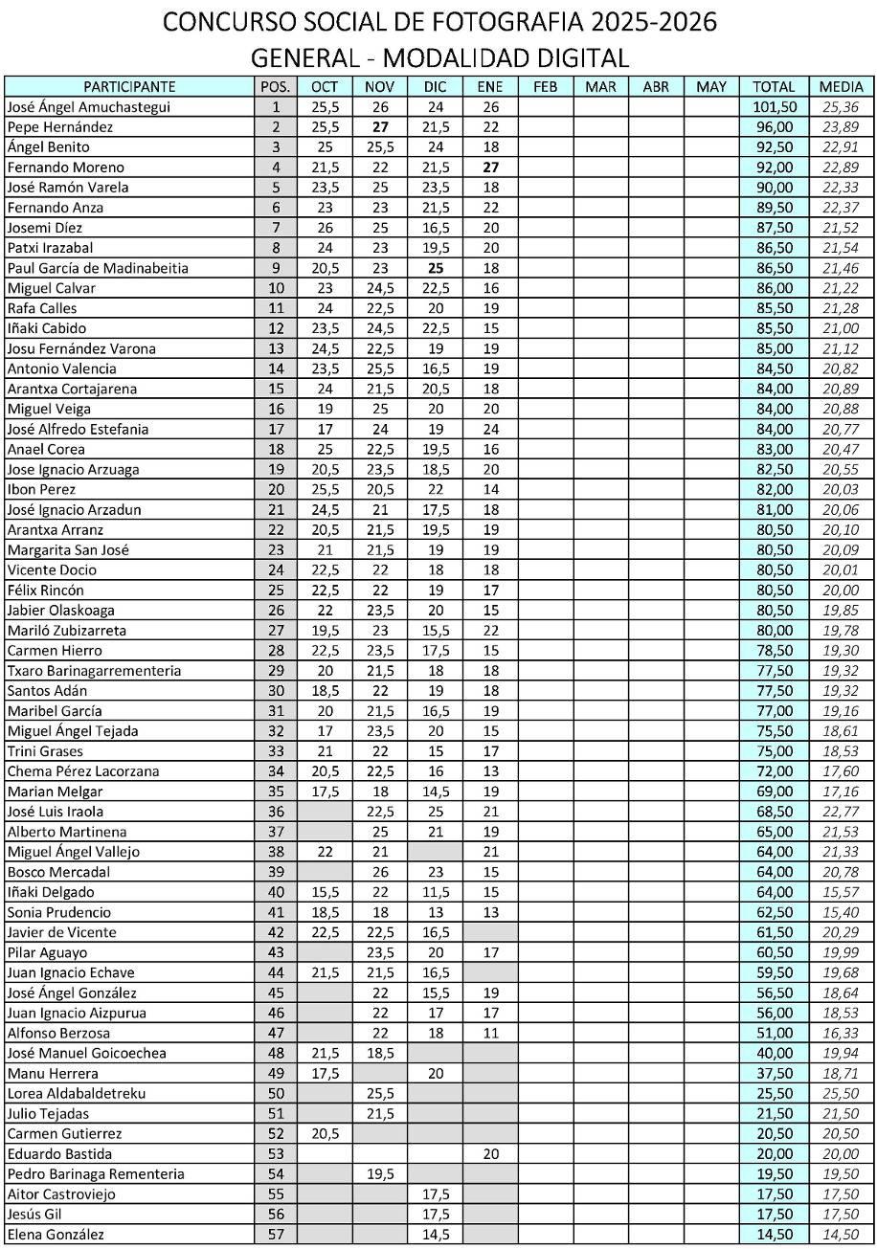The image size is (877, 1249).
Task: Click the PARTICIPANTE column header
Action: (x=129, y=87)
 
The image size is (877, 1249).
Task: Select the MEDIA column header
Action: (x=841, y=87)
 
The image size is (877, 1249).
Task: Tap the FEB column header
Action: (x=545, y=87)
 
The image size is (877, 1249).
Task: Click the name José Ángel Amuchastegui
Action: (x=88, y=107)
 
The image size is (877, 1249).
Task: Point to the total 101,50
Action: (x=774, y=107)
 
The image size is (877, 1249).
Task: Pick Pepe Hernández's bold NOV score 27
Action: (x=379, y=127)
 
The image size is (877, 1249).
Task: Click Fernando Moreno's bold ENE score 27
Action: (x=490, y=167)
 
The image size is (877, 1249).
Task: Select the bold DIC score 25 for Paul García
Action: (x=435, y=268)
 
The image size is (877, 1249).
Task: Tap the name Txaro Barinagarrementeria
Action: (x=94, y=671)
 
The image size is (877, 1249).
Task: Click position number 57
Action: (x=277, y=1235)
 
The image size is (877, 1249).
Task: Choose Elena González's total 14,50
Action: (x=774, y=1235)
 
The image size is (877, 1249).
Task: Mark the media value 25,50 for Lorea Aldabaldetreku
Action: (x=841, y=1093)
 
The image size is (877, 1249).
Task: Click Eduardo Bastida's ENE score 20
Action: (x=490, y=1154)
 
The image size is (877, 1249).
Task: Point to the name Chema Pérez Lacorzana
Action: (x=83, y=771)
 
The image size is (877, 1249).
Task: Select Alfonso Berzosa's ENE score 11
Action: (x=490, y=1033)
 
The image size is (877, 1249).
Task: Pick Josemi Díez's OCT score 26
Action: (x=325, y=228)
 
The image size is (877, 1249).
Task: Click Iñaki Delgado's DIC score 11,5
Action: (x=435, y=892)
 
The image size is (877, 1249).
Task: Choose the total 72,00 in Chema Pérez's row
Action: (x=774, y=771)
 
